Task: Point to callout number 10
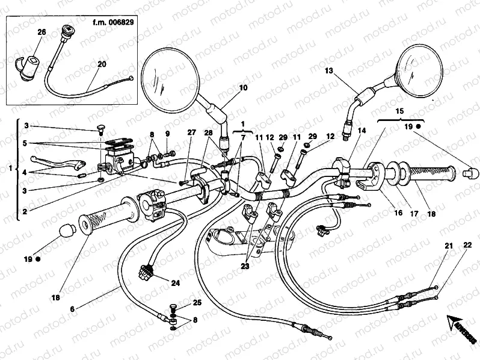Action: pyautogui.click(x=243, y=88)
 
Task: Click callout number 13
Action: pyautogui.click(x=329, y=71)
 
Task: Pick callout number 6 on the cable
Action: pyautogui.click(x=73, y=309)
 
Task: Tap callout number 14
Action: pyautogui.click(x=361, y=130)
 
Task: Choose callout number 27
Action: pyautogui.click(x=191, y=133)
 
